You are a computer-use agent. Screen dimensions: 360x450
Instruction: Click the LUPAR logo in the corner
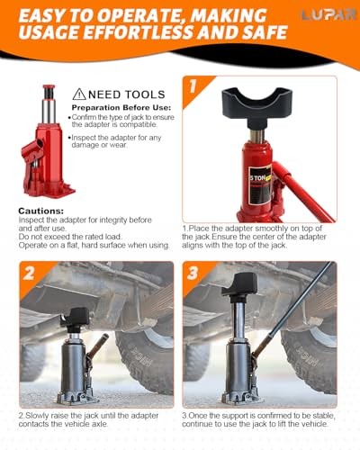[x=329, y=14]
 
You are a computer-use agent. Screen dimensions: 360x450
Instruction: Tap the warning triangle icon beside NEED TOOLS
[x=79, y=94]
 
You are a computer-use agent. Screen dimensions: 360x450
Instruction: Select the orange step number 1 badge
[x=193, y=86]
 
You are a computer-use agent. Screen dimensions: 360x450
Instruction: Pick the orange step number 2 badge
[x=30, y=273]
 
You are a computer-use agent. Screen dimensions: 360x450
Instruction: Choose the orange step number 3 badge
[x=193, y=273]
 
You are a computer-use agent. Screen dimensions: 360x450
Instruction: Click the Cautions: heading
[x=41, y=211]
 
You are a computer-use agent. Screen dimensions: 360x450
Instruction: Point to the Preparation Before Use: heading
[x=121, y=107]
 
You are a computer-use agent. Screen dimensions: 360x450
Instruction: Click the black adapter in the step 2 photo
[x=75, y=318]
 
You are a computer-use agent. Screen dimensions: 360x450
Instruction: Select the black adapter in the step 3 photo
[x=240, y=284]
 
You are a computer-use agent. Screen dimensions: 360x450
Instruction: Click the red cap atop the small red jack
[x=49, y=87]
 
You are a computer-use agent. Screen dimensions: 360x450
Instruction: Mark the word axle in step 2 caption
[x=99, y=424]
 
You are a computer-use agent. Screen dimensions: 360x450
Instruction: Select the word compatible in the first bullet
[x=139, y=124]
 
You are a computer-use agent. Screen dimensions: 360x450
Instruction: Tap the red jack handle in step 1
[x=303, y=192]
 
